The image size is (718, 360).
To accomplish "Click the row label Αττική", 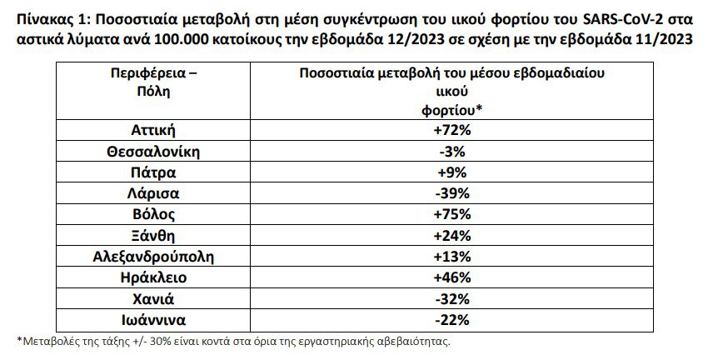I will pyautogui.click(x=153, y=130).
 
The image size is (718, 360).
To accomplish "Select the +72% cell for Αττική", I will pyautogui.click(x=452, y=130).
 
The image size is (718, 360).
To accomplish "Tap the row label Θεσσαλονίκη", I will pyautogui.click(x=153, y=152).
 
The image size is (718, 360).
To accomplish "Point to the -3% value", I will pyautogui.click(x=452, y=152).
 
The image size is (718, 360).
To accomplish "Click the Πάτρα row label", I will pyautogui.click(x=153, y=172).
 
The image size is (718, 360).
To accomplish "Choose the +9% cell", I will pyautogui.click(x=452, y=172).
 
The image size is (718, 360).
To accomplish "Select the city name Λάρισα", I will pyautogui.click(x=153, y=193).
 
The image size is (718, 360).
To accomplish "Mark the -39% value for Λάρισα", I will pyautogui.click(x=452, y=193).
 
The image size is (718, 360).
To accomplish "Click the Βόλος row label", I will pyautogui.click(x=153, y=214).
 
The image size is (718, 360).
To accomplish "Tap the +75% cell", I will pyautogui.click(x=452, y=214).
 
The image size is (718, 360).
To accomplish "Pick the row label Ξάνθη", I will pyautogui.click(x=153, y=235).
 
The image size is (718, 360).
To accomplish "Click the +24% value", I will pyautogui.click(x=452, y=235).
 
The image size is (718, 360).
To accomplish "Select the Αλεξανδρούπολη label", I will pyautogui.click(x=153, y=256).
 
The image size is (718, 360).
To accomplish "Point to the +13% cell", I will pyautogui.click(x=452, y=256).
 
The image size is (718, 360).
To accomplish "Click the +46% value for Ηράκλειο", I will pyautogui.click(x=452, y=277).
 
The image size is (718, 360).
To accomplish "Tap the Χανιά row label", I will pyautogui.click(x=153, y=298).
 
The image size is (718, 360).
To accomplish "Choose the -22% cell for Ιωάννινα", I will pyautogui.click(x=452, y=319).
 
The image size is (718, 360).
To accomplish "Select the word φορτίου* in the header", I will pyautogui.click(x=452, y=109).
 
